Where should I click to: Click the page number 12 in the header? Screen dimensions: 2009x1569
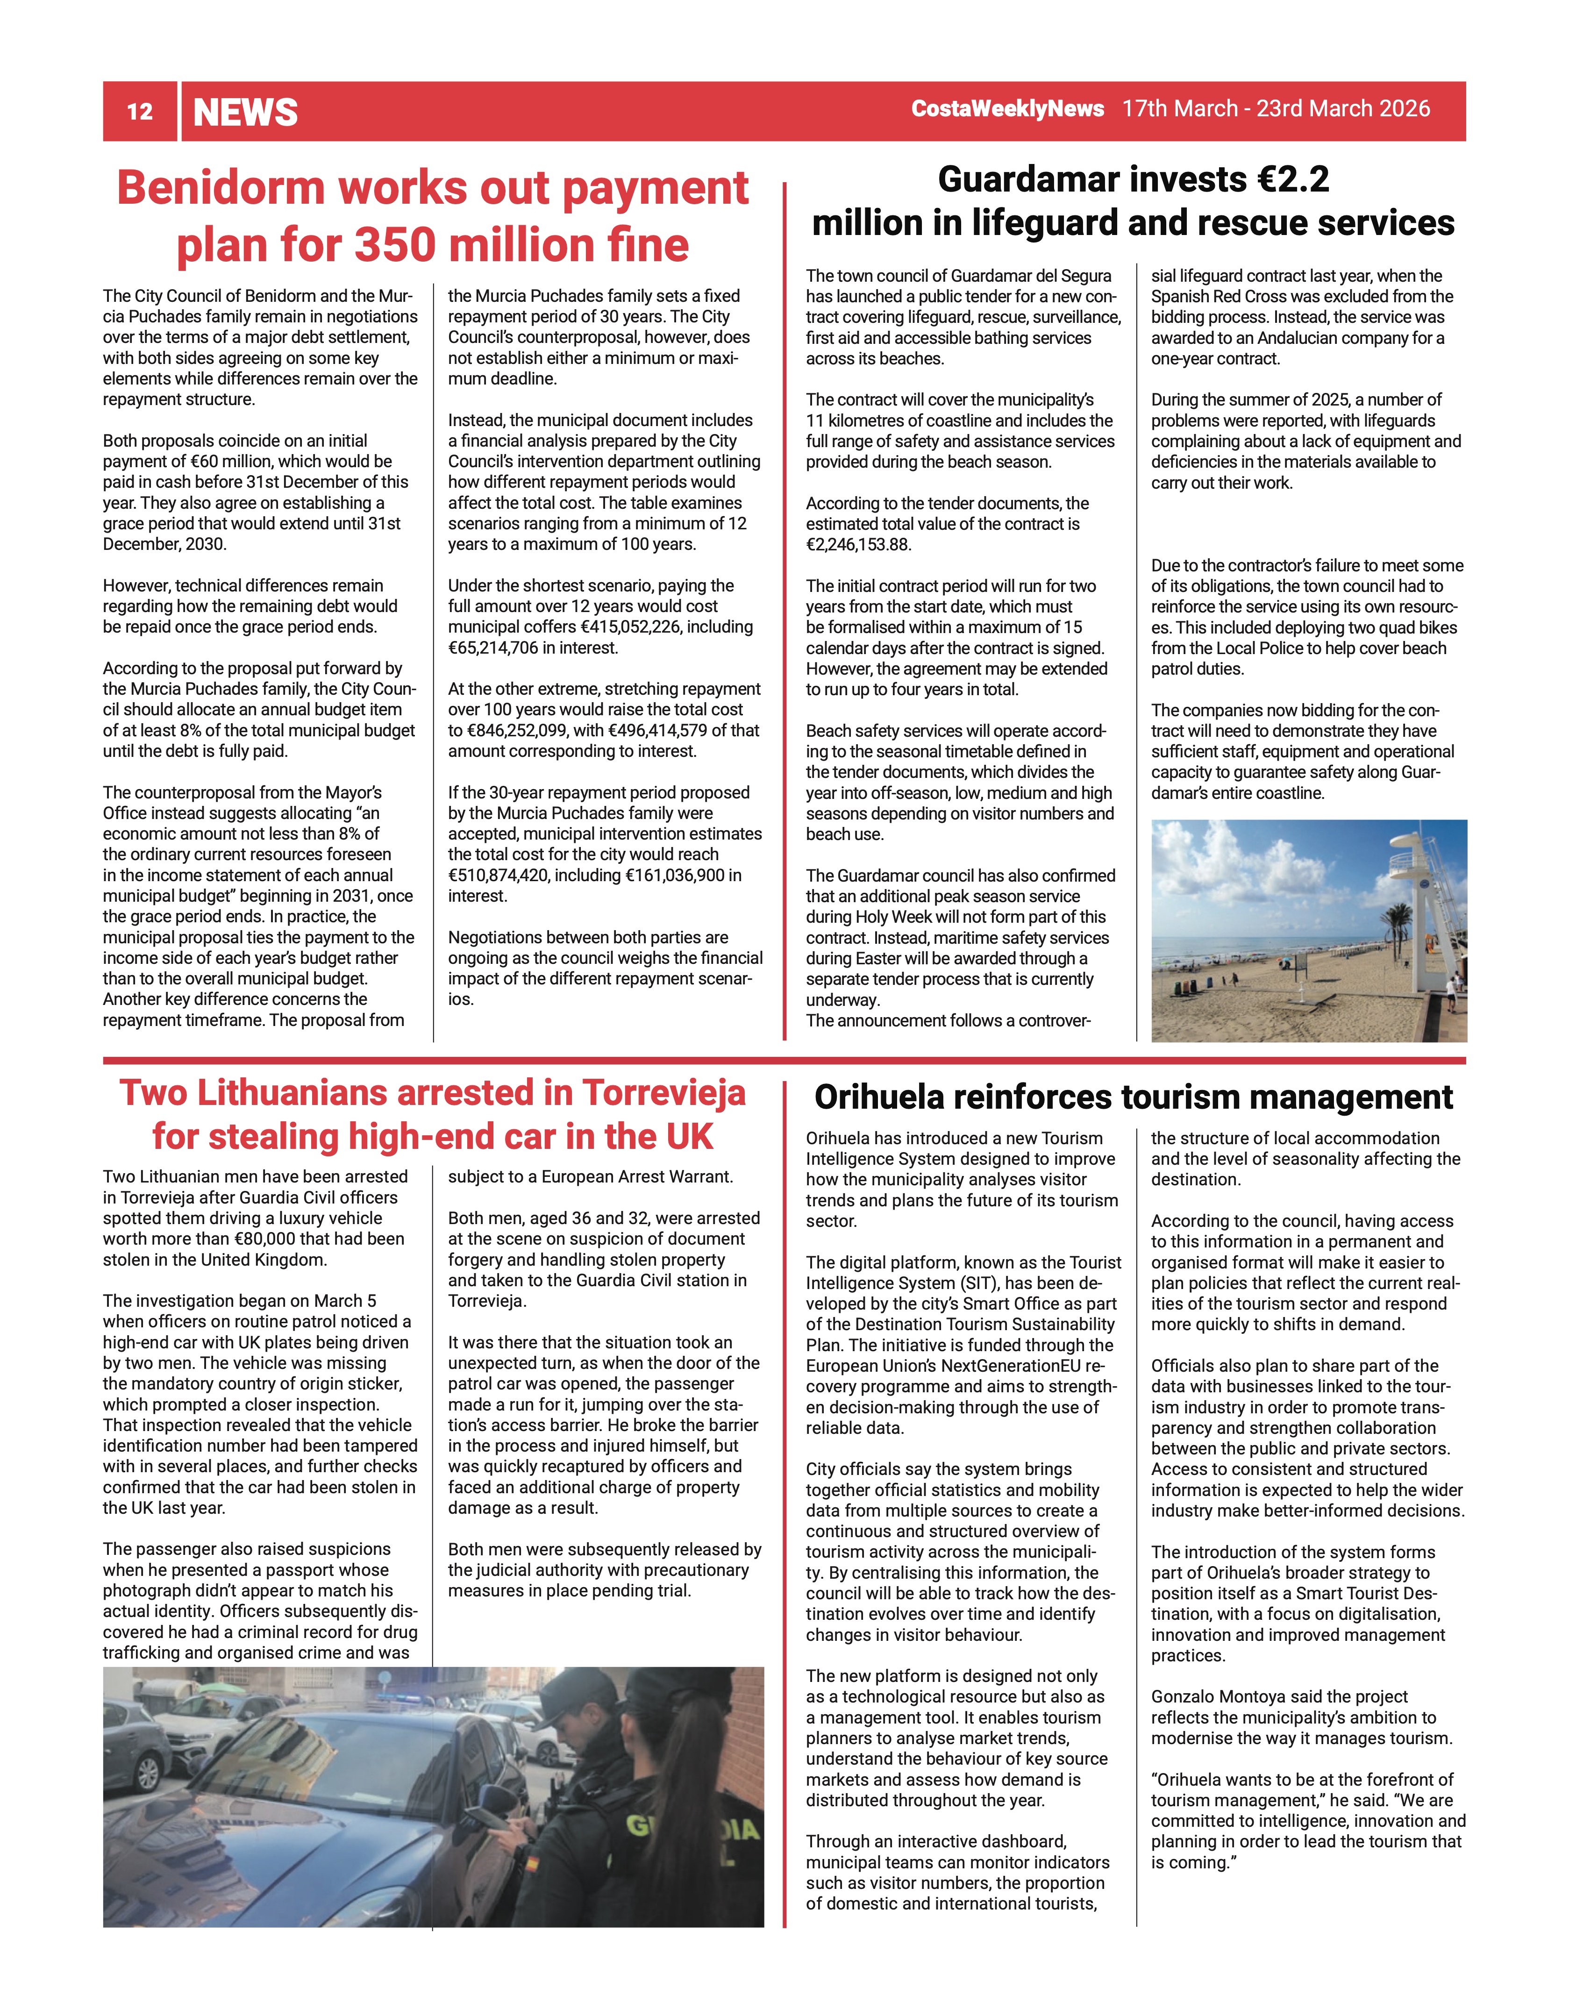pyautogui.click(x=140, y=112)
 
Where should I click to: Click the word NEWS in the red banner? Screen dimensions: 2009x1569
pyautogui.click(x=246, y=112)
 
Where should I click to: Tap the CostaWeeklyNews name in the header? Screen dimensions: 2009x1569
pyautogui.click(x=1007, y=108)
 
